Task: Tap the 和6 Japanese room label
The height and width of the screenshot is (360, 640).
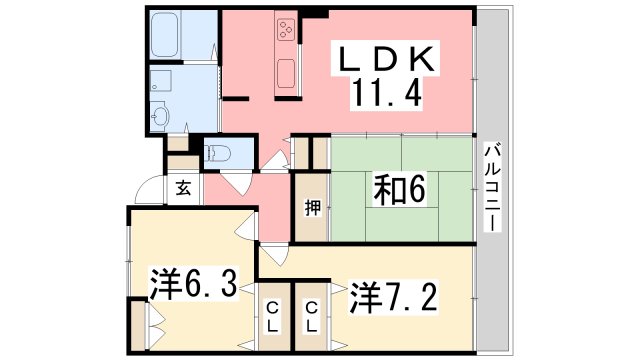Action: coord(400,187)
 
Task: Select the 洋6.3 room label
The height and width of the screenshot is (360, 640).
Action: coord(194,285)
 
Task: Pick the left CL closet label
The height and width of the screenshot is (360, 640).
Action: coord(272,316)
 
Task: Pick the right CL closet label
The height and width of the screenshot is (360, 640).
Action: coord(312,316)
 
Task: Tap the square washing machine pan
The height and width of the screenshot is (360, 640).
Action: coord(161,81)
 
